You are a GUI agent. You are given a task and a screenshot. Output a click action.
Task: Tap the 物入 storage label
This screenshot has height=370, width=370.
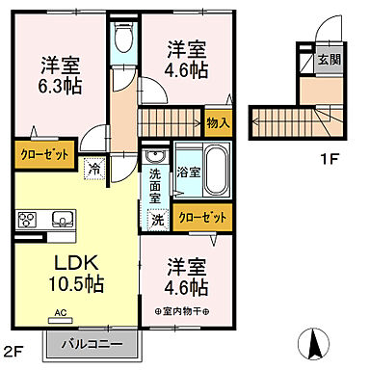219,121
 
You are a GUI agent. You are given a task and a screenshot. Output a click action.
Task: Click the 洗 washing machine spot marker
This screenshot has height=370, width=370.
156,220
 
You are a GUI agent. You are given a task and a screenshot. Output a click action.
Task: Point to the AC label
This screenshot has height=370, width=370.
59,313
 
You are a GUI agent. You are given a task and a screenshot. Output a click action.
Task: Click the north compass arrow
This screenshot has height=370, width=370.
312,342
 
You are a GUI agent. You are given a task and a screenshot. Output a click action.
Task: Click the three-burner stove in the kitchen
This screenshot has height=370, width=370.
27,218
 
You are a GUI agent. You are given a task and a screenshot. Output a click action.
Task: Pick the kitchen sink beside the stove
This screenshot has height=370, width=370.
60,217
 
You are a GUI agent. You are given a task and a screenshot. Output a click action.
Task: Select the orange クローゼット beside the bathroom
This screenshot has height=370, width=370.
203,216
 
